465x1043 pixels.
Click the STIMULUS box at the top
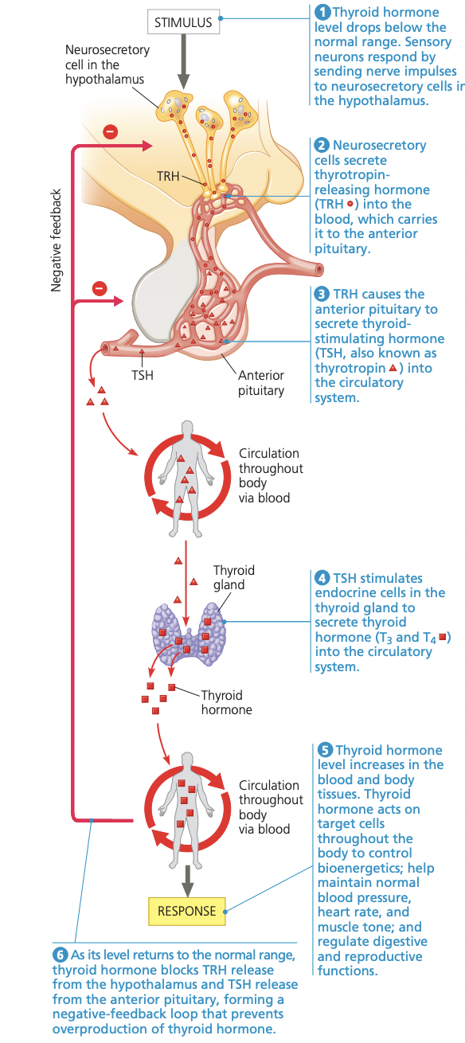click(184, 22)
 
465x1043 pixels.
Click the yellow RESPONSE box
click(187, 911)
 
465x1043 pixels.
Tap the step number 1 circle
click(322, 12)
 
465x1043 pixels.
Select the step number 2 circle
click(322, 146)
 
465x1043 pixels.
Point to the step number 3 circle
click(322, 295)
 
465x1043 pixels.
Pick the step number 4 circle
click(322, 579)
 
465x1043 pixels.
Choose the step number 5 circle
click(325, 750)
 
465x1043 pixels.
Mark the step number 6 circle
click(61, 955)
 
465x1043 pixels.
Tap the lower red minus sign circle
click(99, 288)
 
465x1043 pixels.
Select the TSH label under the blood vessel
click(142, 373)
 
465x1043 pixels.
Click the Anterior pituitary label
click(260, 382)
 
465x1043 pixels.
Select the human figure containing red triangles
click(186, 475)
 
